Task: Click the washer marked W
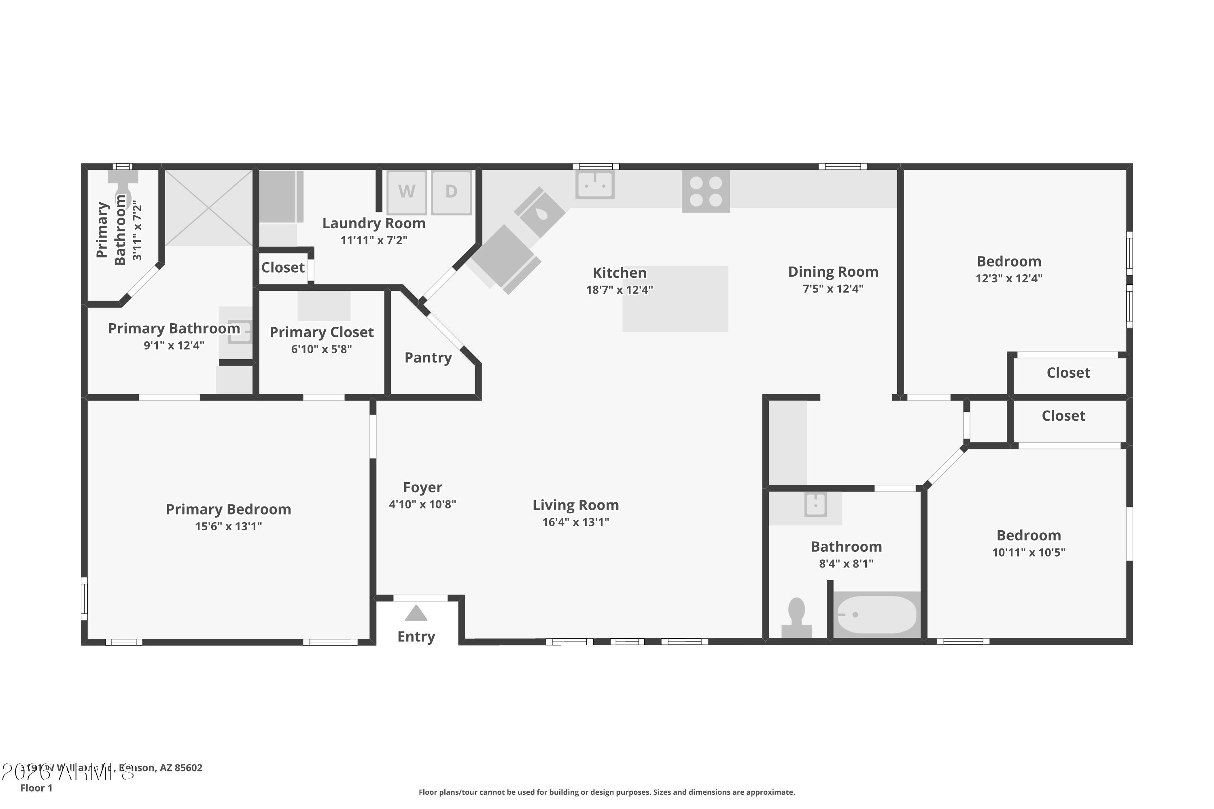[407, 192]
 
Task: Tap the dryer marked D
[451, 192]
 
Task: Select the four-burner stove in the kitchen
[706, 191]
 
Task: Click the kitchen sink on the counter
[594, 184]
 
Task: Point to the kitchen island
[675, 299]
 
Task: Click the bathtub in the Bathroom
[877, 614]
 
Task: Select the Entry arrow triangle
[416, 614]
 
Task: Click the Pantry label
[428, 358]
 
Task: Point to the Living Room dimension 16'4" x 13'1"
[575, 522]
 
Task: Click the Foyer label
[422, 487]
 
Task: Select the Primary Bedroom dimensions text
[228, 526]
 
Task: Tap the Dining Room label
[832, 271]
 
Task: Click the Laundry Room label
[374, 223]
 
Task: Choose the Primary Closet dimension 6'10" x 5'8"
[321, 349]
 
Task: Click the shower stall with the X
[208, 208]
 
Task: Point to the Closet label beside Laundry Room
[282, 267]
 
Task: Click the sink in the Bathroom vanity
[815, 504]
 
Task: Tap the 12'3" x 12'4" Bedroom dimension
[1008, 279]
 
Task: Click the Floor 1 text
[36, 788]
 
